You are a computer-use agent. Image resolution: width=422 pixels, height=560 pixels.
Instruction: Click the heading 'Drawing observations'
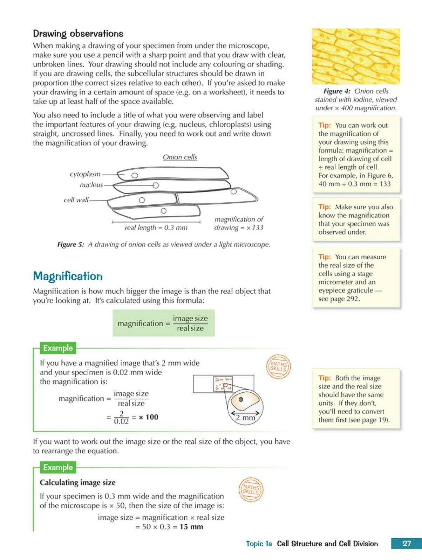point(78,34)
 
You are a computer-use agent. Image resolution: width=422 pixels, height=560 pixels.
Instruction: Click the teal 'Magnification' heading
point(68,276)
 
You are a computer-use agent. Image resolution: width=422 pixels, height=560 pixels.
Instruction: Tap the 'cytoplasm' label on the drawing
point(85,174)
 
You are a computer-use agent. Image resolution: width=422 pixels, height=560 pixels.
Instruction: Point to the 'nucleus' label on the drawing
point(91,185)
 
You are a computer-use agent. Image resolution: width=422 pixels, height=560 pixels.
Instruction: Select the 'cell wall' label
point(76,200)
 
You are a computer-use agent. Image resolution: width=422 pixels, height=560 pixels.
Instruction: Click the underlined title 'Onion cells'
point(180,157)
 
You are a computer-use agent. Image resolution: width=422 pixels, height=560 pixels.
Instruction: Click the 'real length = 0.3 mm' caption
point(156,227)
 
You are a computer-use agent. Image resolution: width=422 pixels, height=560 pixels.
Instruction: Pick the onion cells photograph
point(356,56)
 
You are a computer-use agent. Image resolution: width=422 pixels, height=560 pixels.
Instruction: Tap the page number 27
point(406,544)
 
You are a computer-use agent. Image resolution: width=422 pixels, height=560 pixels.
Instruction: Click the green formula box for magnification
point(163,323)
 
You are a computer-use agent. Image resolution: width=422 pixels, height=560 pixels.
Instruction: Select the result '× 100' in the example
point(148,417)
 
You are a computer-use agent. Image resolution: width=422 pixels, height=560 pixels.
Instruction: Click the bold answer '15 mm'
point(191,527)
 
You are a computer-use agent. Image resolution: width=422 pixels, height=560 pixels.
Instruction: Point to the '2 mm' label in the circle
point(245,418)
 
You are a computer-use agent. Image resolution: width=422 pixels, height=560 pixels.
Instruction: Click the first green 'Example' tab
point(58,348)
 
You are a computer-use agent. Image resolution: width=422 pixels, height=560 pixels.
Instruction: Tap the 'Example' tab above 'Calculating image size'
point(58,467)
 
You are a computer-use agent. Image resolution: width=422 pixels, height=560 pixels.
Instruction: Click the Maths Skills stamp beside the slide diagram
point(278,366)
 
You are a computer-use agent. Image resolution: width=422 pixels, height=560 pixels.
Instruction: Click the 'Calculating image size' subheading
point(77,483)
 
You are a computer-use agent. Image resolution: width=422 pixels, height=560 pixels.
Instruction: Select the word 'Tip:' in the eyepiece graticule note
point(325,257)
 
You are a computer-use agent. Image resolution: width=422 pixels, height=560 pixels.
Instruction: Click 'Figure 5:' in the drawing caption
point(71,244)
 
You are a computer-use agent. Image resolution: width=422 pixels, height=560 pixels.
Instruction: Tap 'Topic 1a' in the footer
point(259,544)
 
